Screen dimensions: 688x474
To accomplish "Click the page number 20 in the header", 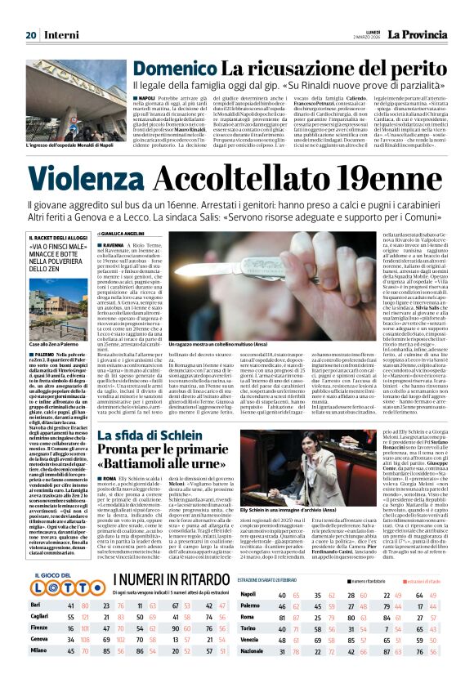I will [x=31, y=35].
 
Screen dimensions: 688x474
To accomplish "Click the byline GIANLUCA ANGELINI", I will [x=132, y=233].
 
